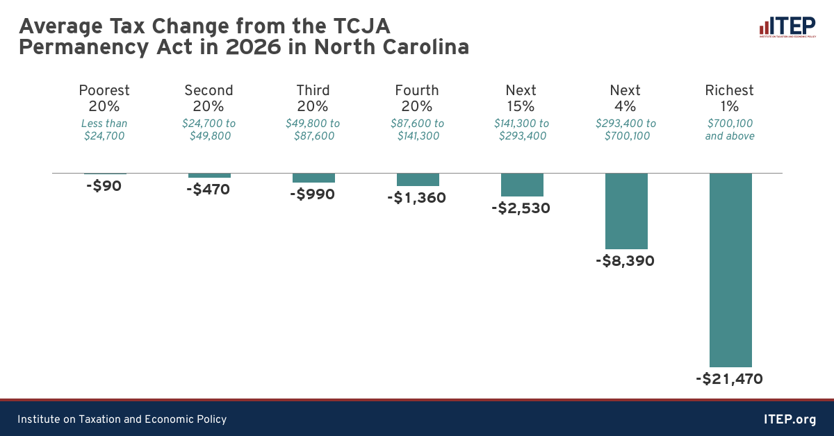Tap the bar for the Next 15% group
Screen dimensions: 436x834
pyautogui.click(x=522, y=185)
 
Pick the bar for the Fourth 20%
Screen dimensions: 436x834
pyautogui.click(x=418, y=179)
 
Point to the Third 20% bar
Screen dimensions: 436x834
pyautogui.click(x=313, y=178)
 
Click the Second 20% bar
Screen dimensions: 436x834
pyautogui.click(x=209, y=175)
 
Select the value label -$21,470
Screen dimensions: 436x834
pyautogui.click(x=729, y=379)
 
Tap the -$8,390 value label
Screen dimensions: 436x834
pyautogui.click(x=625, y=262)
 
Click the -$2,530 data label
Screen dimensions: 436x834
pyautogui.click(x=521, y=208)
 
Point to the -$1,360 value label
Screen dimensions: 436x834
pyautogui.click(x=416, y=198)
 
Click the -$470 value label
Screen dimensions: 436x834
pyautogui.click(x=208, y=189)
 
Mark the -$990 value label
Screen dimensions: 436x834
pyautogui.click(x=312, y=194)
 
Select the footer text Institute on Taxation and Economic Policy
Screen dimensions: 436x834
pyautogui.click(x=122, y=419)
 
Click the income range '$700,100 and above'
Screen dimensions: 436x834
pyautogui.click(x=730, y=130)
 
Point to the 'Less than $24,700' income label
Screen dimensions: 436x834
pyautogui.click(x=104, y=130)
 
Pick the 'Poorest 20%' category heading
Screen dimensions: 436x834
pyautogui.click(x=104, y=98)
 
